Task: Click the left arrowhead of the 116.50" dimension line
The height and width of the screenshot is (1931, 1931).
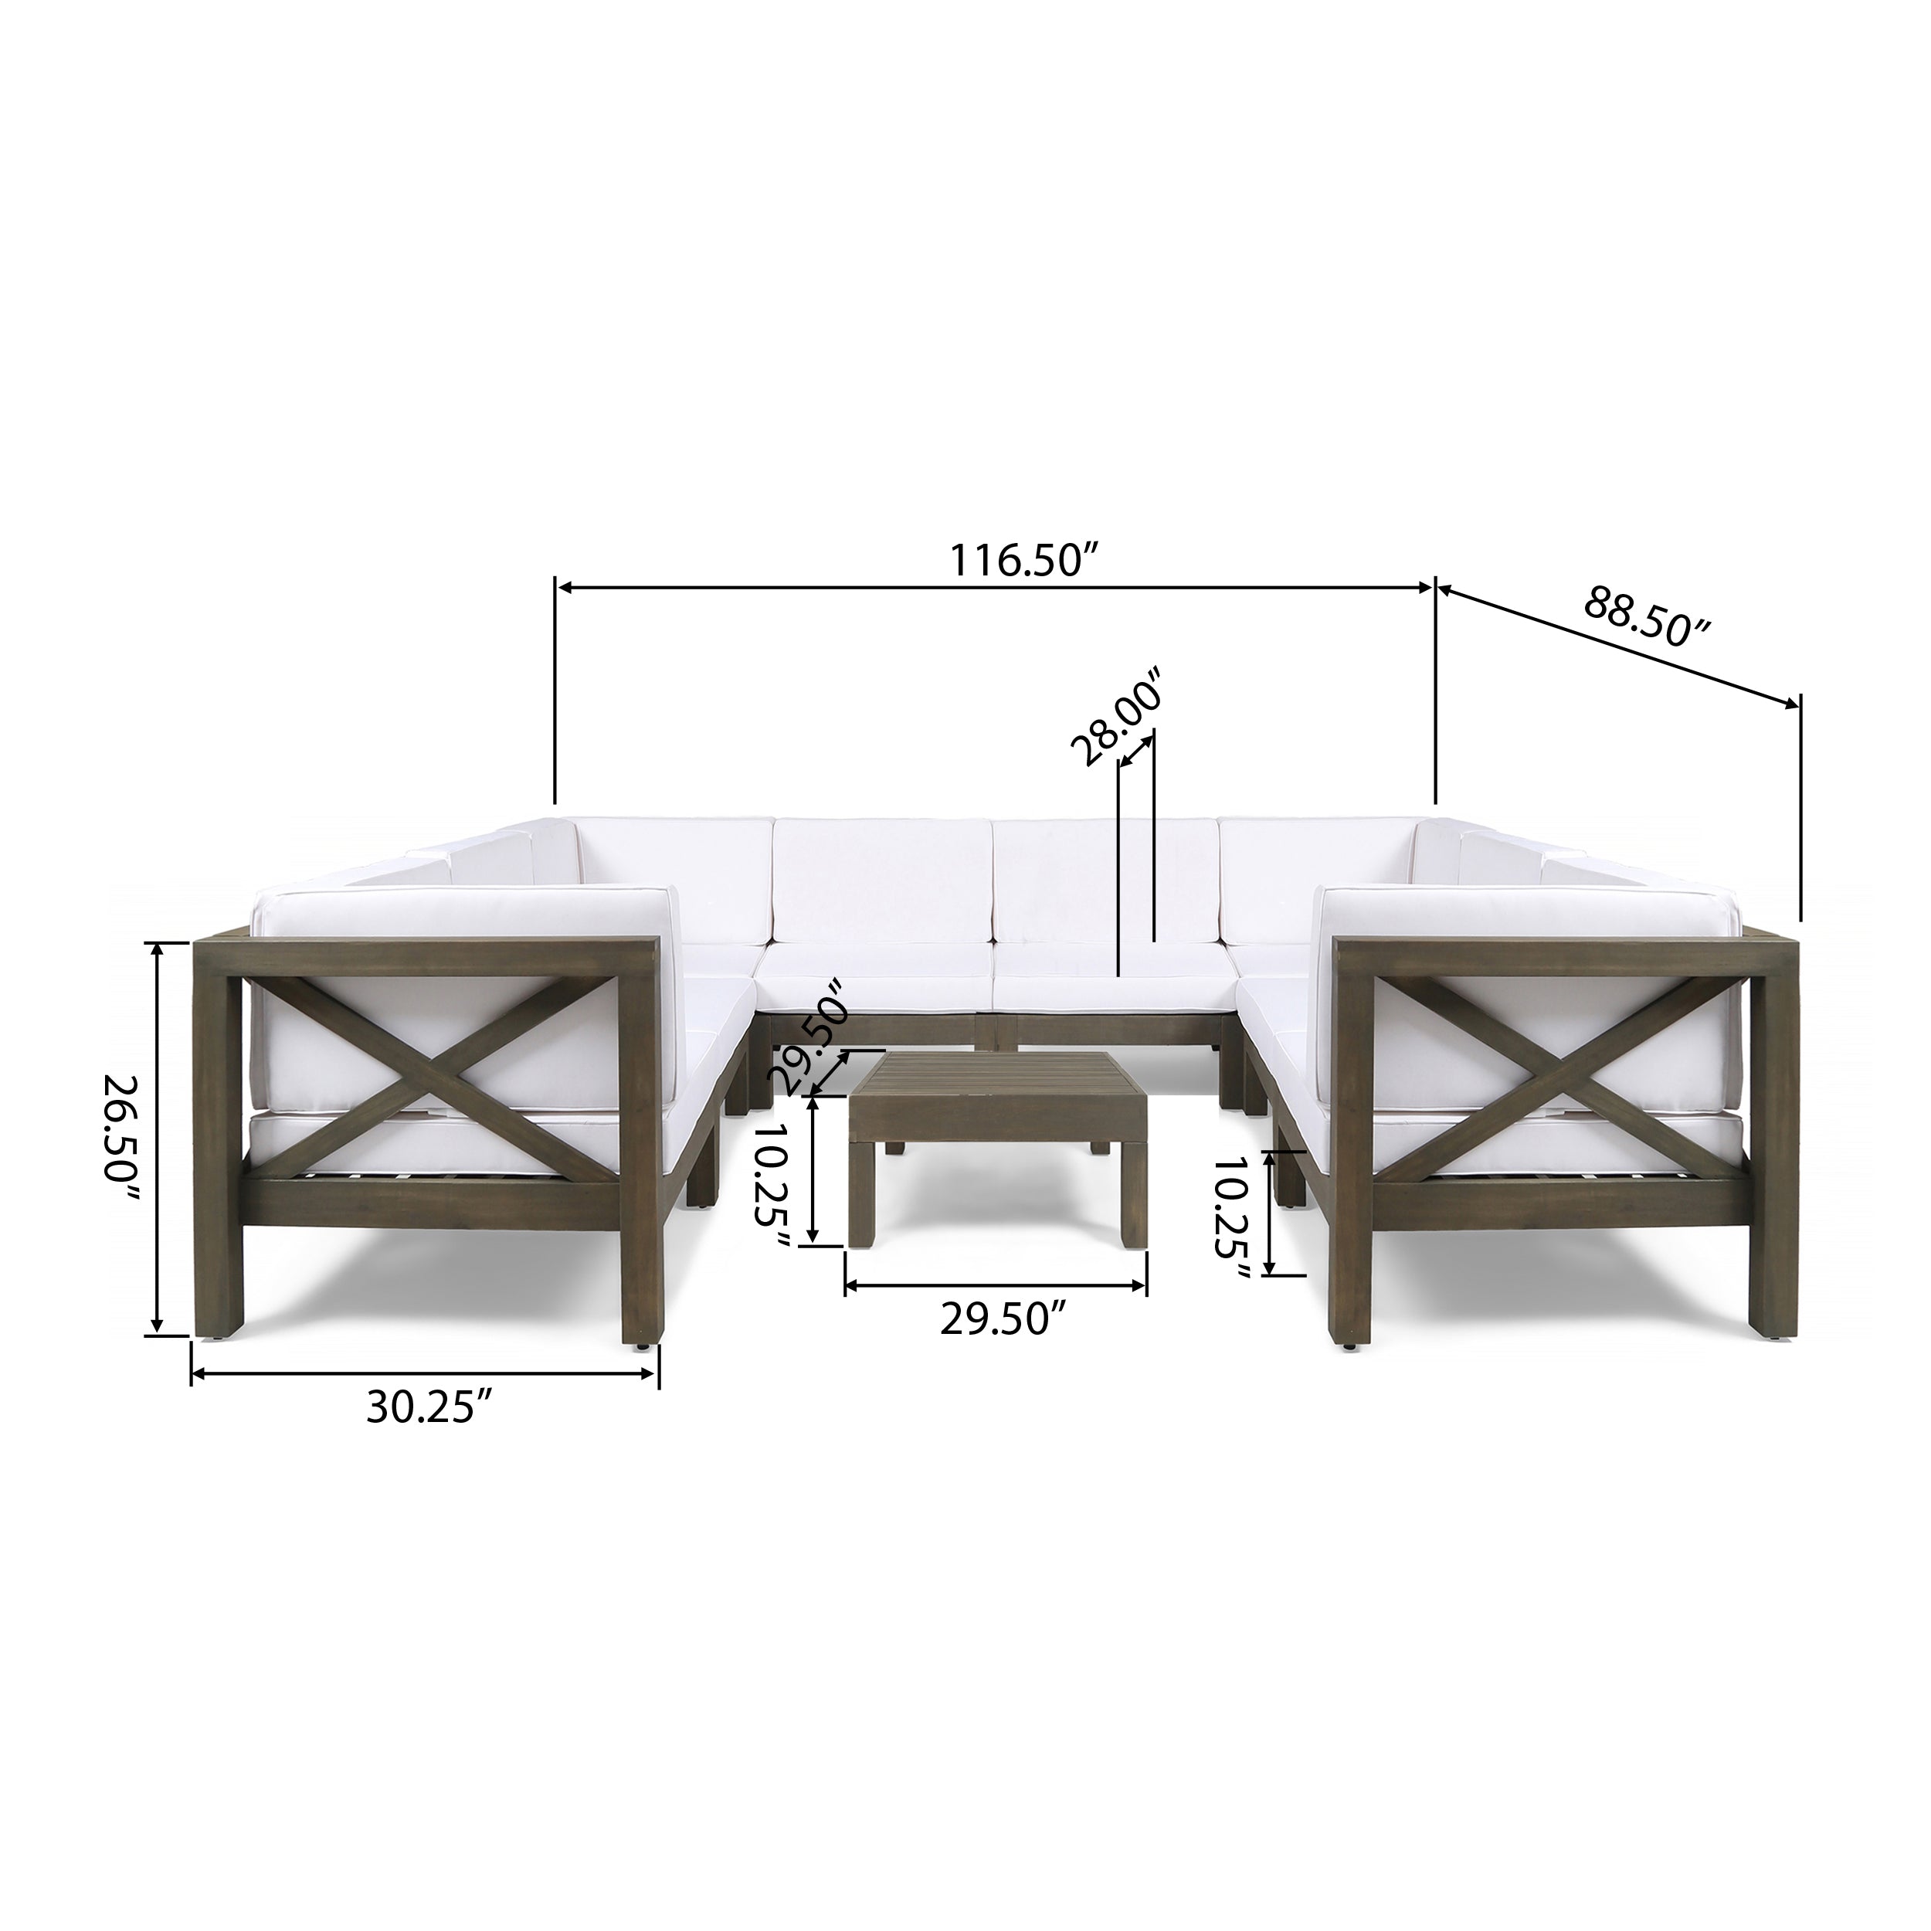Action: click(x=563, y=589)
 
